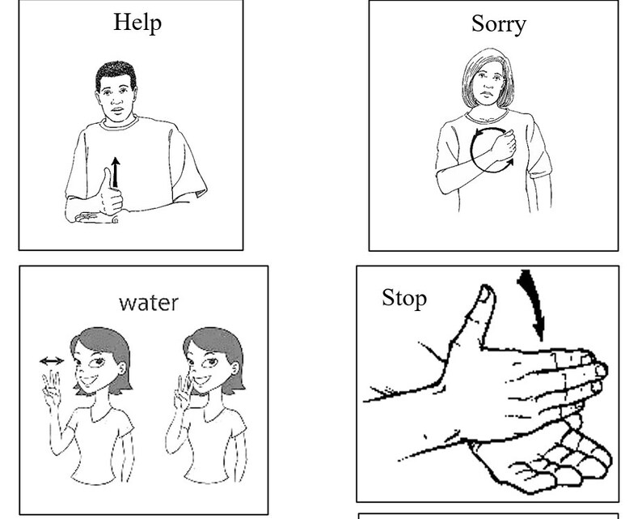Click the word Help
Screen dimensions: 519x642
tap(137, 22)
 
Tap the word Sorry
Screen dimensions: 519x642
tap(498, 23)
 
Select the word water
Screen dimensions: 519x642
tap(148, 303)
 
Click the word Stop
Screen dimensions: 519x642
tap(403, 298)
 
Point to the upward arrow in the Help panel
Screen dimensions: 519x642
tap(116, 171)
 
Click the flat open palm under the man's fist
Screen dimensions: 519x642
tap(97, 217)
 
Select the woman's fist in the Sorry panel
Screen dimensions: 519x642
tap(501, 146)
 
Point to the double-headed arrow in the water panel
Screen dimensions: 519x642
tap(52, 361)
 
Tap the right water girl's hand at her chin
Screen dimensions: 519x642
tap(182, 392)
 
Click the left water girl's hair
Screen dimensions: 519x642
tap(101, 344)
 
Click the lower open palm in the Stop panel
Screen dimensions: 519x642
tap(550, 457)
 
